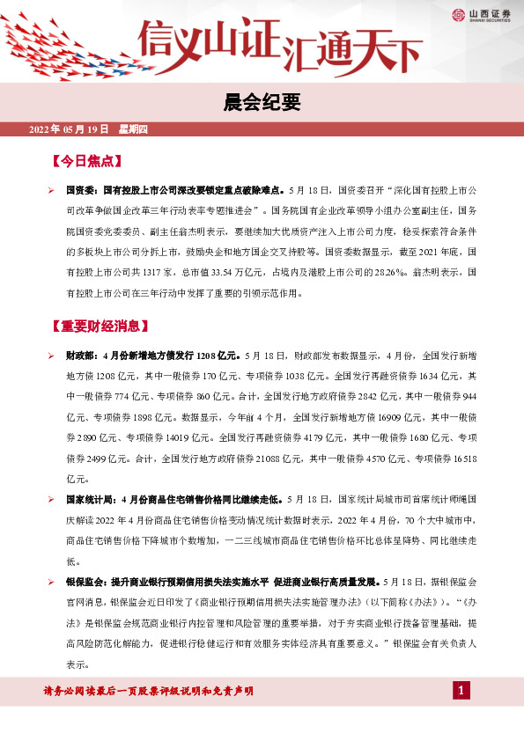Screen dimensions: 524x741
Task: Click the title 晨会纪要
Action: click(262, 103)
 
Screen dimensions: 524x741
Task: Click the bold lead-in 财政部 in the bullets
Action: click(82, 357)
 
